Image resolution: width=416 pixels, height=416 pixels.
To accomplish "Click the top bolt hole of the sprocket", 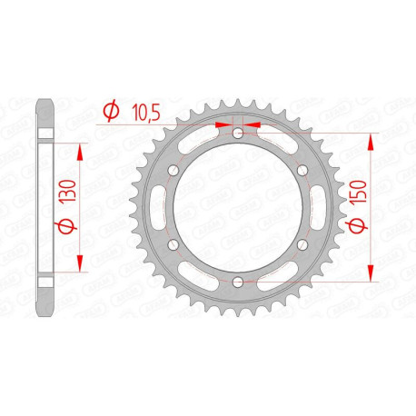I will (x=237, y=134).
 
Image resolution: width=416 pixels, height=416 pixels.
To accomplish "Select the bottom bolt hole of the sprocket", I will (x=237, y=283).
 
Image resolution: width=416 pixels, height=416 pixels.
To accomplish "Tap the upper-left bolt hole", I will (x=173, y=171).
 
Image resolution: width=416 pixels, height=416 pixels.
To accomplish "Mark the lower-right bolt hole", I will (x=302, y=246).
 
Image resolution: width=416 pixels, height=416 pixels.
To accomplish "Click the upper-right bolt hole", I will (x=302, y=171).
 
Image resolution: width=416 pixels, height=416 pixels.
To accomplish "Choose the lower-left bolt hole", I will (x=173, y=246).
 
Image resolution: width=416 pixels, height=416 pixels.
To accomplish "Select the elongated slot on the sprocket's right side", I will (x=313, y=209).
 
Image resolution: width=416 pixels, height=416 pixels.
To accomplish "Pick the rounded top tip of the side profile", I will (x=43, y=102).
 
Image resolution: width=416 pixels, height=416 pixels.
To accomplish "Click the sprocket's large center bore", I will (x=237, y=209).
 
